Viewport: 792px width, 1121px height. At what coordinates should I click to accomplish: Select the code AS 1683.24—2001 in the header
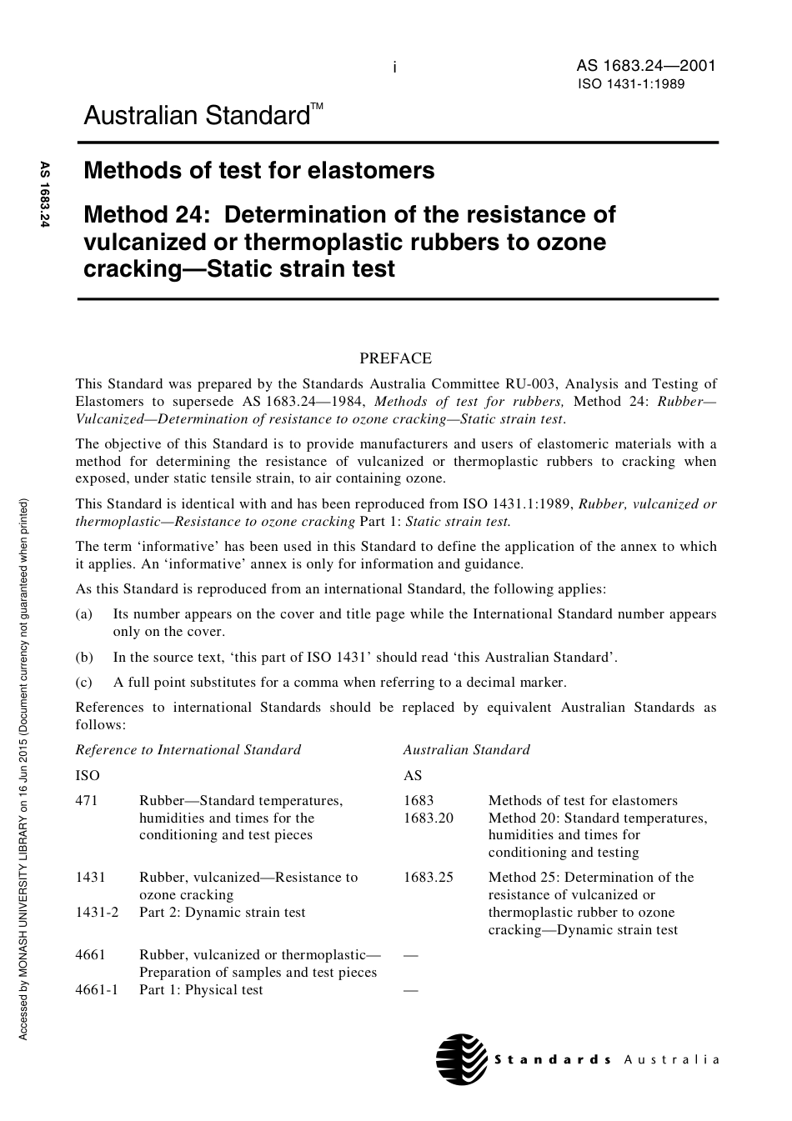click(x=645, y=66)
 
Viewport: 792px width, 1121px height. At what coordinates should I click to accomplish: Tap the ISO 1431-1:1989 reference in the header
click(x=631, y=84)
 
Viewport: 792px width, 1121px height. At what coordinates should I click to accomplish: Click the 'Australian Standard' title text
click(x=198, y=116)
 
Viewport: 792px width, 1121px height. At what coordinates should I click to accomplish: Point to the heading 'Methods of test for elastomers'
click(x=259, y=171)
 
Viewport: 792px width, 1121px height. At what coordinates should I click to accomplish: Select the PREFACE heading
click(x=395, y=358)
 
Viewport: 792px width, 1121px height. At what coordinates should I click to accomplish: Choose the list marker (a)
click(x=83, y=614)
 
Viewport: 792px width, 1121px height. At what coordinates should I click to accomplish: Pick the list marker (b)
click(x=83, y=657)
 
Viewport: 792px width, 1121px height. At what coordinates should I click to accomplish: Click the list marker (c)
click(x=83, y=682)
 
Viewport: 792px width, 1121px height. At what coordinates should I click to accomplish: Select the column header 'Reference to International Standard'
click(x=188, y=749)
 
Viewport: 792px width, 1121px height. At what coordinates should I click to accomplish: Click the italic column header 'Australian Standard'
click(x=466, y=749)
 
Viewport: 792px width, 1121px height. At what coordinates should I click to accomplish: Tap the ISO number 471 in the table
click(x=87, y=800)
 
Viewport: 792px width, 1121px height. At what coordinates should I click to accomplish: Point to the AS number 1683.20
click(x=429, y=818)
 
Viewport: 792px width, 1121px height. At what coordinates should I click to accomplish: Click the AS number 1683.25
click(x=429, y=877)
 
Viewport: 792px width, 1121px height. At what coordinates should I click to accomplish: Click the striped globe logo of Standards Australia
click(x=462, y=1059)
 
